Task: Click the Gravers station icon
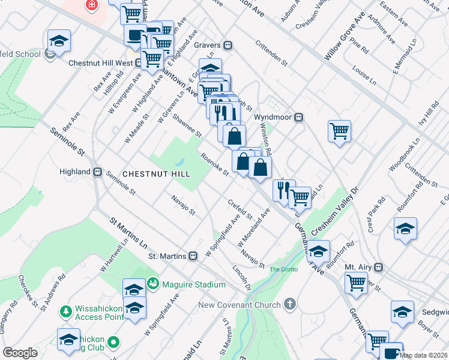(x=228, y=45)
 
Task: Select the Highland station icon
(x=97, y=172)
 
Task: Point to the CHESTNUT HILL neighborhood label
(x=156, y=174)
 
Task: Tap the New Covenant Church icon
(x=291, y=305)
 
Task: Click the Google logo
(x=20, y=353)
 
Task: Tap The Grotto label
(x=283, y=269)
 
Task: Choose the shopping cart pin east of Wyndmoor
(x=340, y=130)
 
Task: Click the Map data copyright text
(x=423, y=355)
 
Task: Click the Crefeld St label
(x=240, y=209)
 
